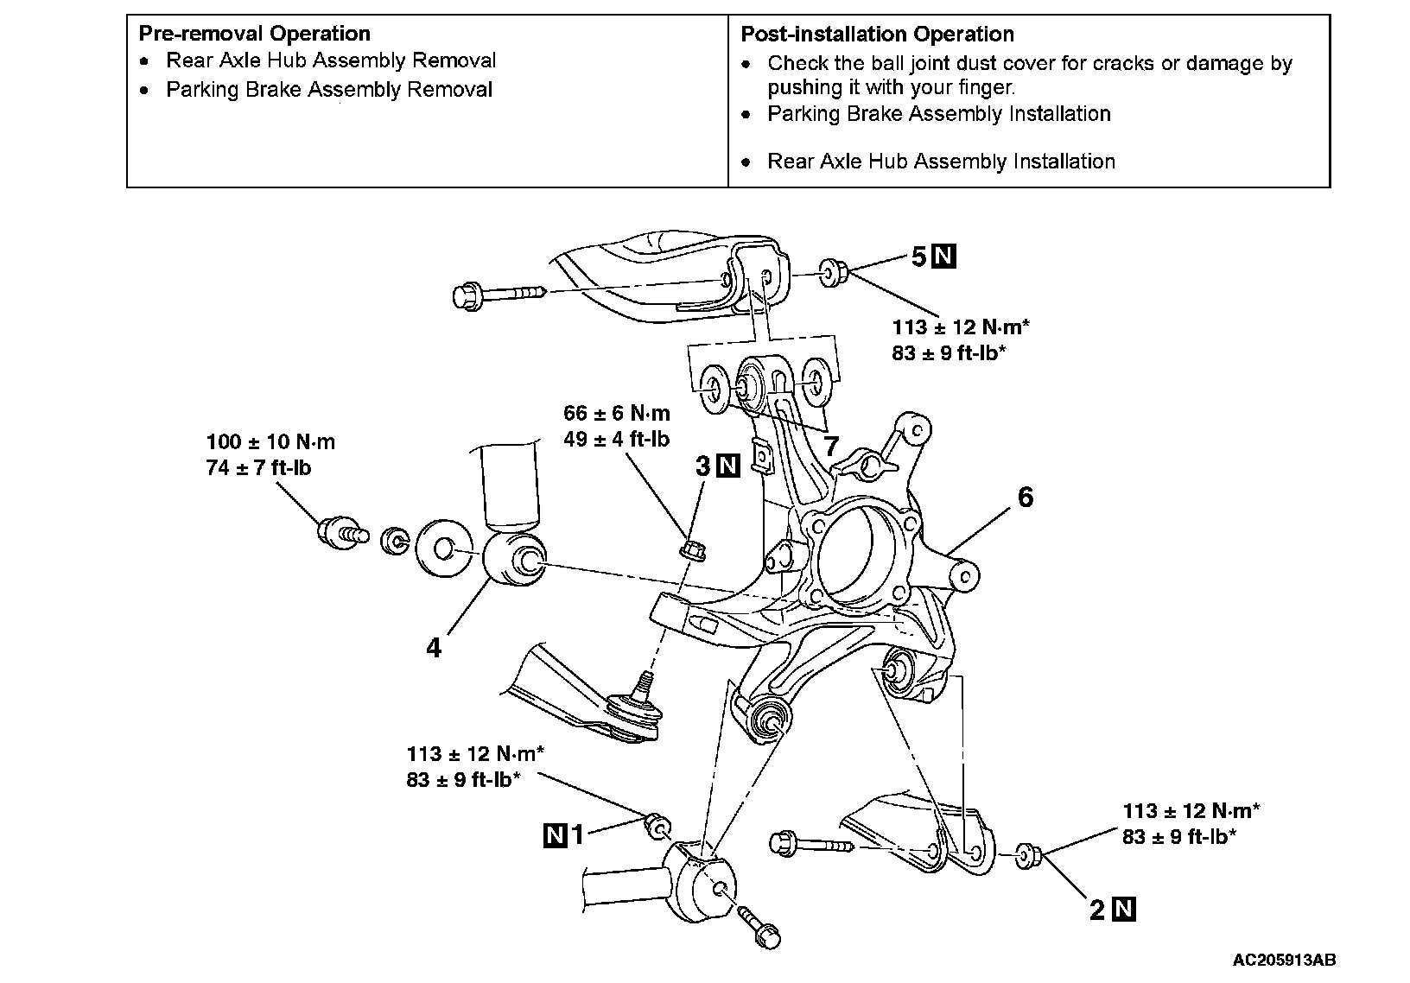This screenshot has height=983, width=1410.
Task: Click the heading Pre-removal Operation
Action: point(254,34)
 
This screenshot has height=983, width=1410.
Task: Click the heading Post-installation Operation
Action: point(877,35)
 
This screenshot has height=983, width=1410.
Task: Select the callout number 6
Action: point(1026,498)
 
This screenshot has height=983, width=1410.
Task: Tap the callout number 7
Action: point(830,446)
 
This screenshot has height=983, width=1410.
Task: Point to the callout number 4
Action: point(434,647)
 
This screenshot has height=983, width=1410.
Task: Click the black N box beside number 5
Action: point(944,257)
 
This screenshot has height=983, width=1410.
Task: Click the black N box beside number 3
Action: point(729,466)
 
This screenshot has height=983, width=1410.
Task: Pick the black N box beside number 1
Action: point(555,834)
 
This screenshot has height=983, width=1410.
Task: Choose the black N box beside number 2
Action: point(1124,910)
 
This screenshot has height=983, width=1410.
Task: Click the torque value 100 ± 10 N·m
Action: point(270,442)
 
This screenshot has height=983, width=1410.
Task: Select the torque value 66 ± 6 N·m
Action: point(616,414)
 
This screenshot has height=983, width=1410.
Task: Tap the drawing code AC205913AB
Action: point(1284,960)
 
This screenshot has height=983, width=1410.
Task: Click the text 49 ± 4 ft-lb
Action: point(616,440)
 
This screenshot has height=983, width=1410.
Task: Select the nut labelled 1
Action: point(656,827)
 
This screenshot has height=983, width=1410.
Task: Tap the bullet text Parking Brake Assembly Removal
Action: point(329,90)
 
